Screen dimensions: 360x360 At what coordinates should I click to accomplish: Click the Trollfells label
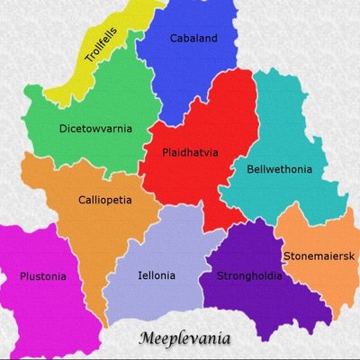coord(103,45)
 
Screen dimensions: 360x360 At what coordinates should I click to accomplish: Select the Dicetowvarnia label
coord(95,129)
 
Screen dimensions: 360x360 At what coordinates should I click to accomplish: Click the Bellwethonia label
coord(280,168)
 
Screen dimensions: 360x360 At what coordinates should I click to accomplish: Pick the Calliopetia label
coord(105,200)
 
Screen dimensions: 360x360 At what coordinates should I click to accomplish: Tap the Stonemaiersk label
coord(319,256)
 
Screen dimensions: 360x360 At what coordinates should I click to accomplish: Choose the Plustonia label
coord(42,276)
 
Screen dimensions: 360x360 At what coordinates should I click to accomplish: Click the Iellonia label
coord(157,276)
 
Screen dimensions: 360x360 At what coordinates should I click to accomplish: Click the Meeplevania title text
coord(185,339)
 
